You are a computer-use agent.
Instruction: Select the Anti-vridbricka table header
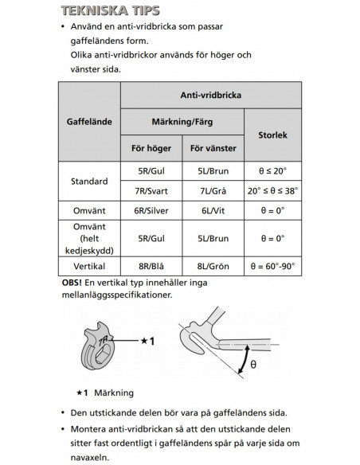211,94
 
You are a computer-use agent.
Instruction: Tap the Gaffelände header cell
89,122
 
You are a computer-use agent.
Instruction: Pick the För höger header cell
150,148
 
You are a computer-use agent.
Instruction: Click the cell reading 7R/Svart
150,192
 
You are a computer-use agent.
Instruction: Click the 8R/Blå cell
150,266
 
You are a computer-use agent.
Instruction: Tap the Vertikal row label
89,266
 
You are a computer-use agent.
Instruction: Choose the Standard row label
89,182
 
